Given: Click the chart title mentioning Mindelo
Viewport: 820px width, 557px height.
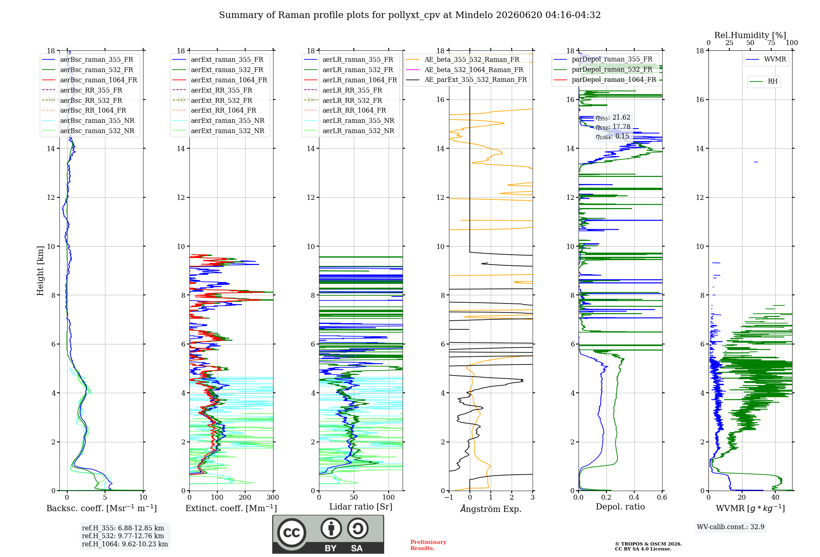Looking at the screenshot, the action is pos(410,15).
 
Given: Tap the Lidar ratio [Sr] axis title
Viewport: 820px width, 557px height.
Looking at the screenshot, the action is pos(361,507).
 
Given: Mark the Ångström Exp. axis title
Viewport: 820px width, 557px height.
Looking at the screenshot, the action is pos(491,509).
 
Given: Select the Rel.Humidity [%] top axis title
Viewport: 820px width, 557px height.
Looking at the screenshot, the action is pos(750,35).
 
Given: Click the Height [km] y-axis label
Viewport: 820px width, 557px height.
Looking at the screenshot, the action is pos(40,271).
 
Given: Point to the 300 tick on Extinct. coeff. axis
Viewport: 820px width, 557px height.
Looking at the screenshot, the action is pos(273,497).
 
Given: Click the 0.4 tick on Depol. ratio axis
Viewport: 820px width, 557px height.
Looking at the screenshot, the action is pos(634,497).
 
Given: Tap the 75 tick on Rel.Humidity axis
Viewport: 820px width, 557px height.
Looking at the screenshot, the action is pos(771,43).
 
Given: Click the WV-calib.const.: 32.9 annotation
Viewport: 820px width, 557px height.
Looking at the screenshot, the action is pos(731,527).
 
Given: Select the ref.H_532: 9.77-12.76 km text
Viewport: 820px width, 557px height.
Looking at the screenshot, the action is pos(123,536).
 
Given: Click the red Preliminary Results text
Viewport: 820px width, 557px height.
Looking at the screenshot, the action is pos(428,545).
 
